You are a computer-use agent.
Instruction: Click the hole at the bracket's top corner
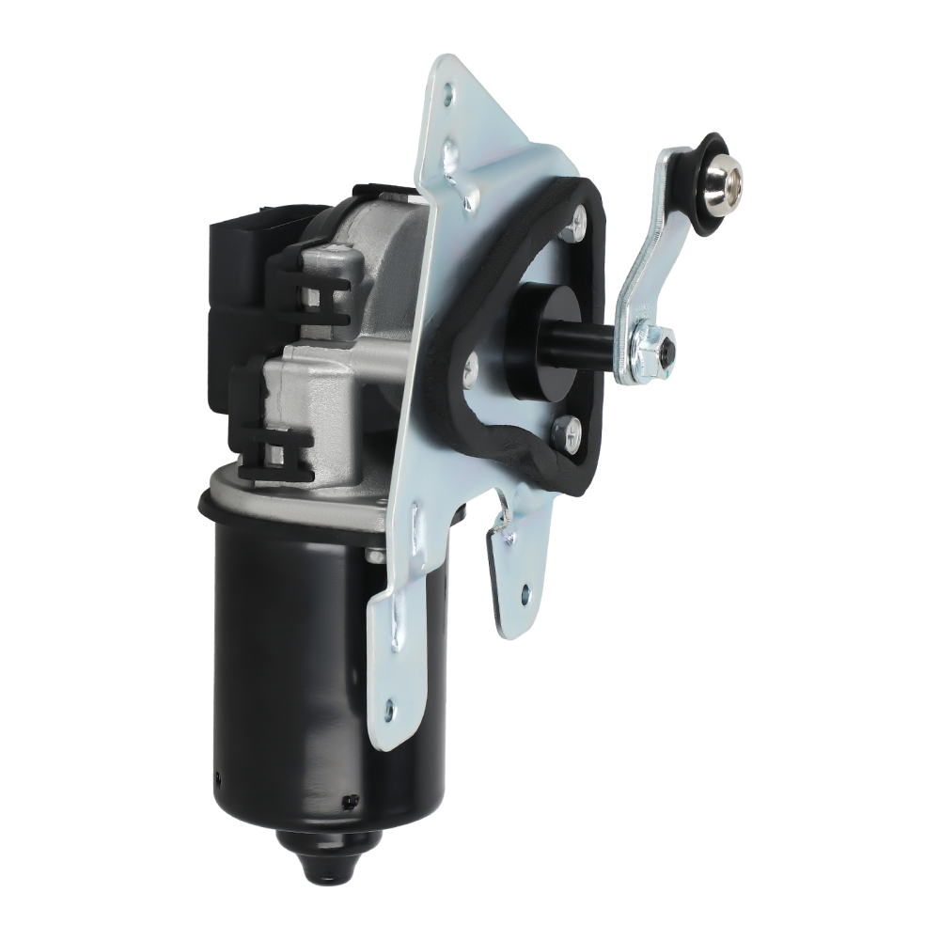447,93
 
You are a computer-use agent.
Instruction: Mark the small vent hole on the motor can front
352,800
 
